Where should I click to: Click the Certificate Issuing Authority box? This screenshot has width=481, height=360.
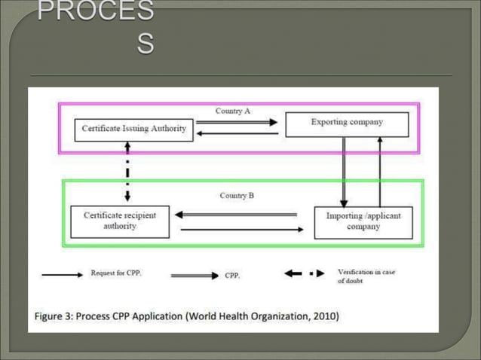134,128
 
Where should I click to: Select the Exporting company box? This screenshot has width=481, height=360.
347,123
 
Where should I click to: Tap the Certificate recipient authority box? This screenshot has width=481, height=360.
120,220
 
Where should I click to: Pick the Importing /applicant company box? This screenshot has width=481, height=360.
363,221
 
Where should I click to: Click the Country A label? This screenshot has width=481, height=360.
232,111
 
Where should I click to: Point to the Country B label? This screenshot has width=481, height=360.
237,195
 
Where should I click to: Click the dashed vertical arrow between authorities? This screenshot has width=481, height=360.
127,172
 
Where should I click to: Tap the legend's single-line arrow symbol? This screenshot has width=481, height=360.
62,275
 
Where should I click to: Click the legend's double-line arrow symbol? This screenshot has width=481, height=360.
195,276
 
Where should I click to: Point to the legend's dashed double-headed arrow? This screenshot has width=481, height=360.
305,274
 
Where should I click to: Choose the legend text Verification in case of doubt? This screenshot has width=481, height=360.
366,276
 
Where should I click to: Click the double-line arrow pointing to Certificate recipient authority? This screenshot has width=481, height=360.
236,215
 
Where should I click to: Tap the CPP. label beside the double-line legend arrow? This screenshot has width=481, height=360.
232,276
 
